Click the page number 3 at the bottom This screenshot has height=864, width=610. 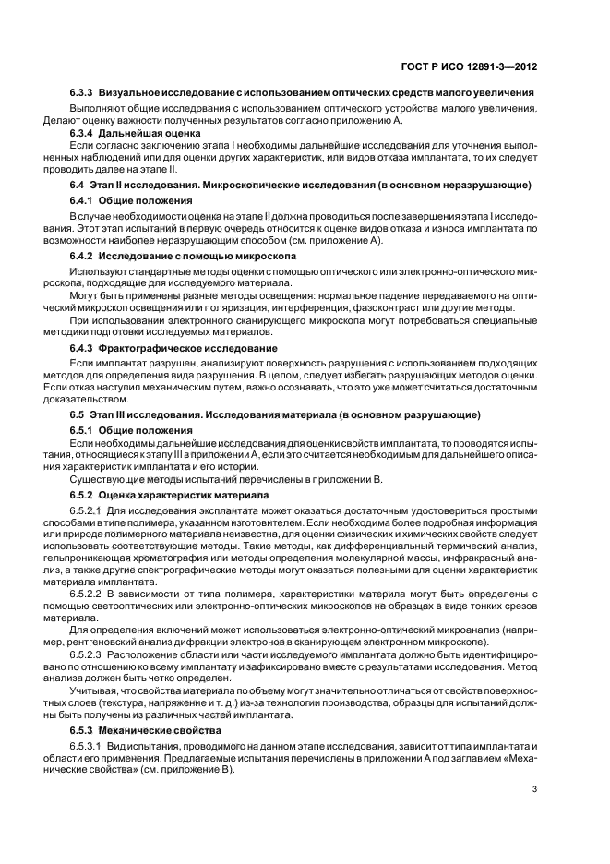[535, 789]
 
